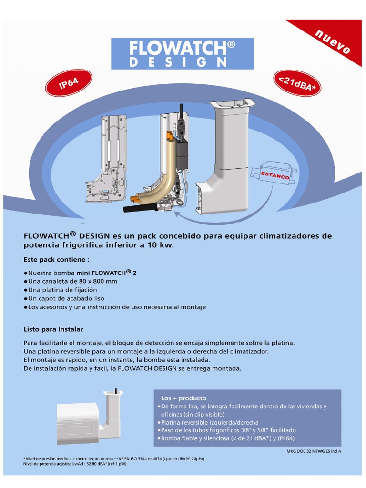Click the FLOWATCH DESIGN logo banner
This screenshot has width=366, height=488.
point(183,53)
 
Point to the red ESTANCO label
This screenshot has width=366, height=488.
point(275,175)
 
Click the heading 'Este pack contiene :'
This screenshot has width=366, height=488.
point(56,260)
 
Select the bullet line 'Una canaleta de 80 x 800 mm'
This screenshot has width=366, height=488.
point(70,281)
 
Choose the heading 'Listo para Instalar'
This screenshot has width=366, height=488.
point(53,329)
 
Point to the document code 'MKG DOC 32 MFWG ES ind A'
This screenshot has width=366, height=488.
point(314,451)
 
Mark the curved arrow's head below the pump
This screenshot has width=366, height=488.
point(177,214)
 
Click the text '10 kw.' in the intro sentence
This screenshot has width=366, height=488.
point(163,245)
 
